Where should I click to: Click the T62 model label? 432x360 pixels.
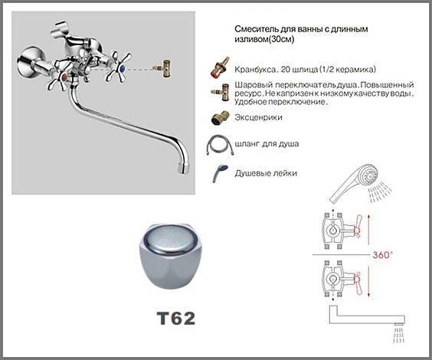click(x=176, y=319)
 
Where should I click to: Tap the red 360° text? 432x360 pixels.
click(x=382, y=255)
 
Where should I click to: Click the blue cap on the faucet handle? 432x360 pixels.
click(x=122, y=67)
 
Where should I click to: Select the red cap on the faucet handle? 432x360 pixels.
click(x=64, y=77)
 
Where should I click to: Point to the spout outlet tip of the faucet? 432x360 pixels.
click(x=182, y=168)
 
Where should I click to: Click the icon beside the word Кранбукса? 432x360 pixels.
click(x=220, y=67)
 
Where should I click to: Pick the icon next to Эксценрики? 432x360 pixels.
click(x=219, y=118)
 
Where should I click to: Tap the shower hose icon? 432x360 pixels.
click(x=220, y=145)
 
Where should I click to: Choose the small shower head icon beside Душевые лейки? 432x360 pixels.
click(x=220, y=173)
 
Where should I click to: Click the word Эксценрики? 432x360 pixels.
click(x=258, y=117)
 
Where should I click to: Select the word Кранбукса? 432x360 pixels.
click(x=255, y=70)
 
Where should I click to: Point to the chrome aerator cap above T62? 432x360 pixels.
click(x=171, y=256)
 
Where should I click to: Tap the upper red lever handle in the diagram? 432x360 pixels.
click(x=358, y=226)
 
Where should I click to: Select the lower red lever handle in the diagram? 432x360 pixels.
click(x=358, y=283)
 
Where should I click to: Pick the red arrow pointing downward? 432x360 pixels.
click(x=369, y=281)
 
